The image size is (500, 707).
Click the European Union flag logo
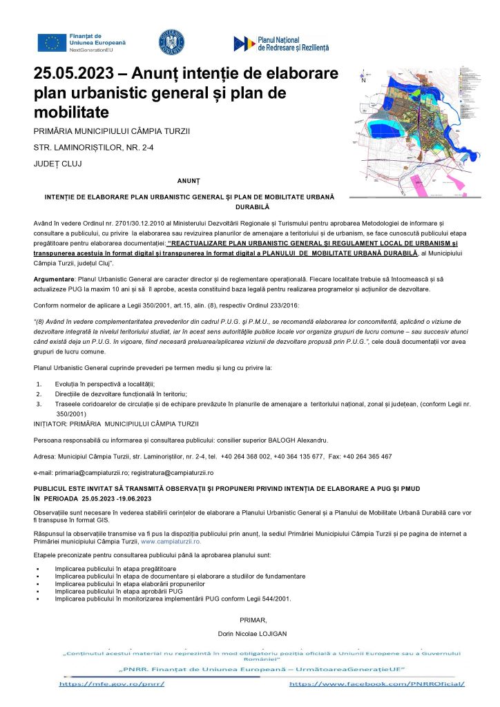[x=52, y=42]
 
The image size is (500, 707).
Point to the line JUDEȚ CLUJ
[x=57, y=164]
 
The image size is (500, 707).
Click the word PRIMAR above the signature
[x=249, y=619]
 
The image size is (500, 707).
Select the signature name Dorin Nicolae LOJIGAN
[x=250, y=633]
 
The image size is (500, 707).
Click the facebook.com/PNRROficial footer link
[x=376, y=684]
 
